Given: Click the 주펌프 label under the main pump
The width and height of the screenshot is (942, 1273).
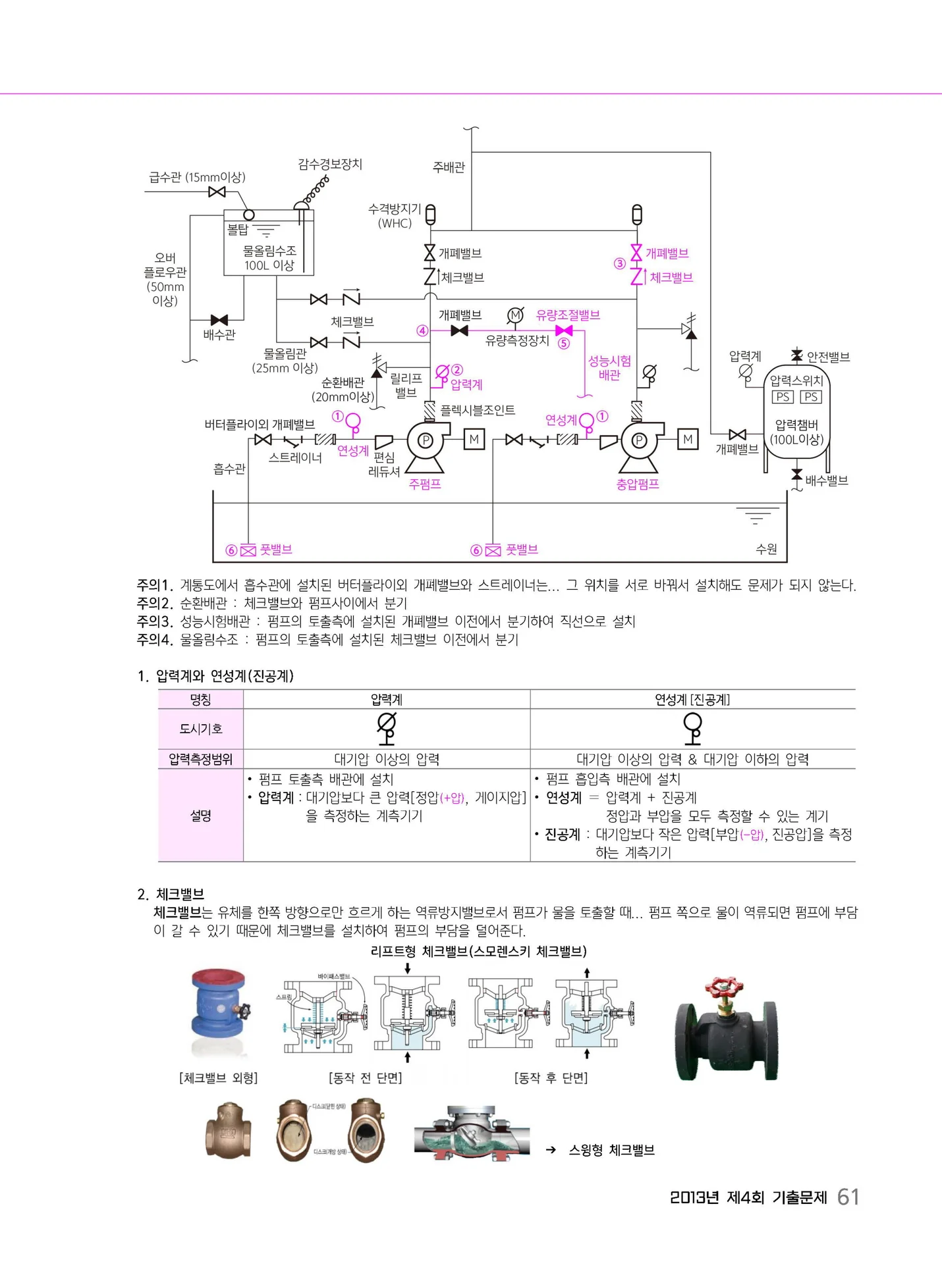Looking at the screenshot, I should point(425,484).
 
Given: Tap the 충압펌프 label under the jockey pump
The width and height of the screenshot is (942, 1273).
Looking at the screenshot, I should point(638,484).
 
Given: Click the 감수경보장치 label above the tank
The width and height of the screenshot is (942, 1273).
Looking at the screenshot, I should point(330,164).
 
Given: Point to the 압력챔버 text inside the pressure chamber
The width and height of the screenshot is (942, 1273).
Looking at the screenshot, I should point(796,425).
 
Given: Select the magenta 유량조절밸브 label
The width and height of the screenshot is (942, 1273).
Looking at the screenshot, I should point(568,315).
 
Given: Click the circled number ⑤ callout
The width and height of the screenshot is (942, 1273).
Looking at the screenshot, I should point(563,343).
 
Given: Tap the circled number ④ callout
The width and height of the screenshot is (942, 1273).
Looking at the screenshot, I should point(422,330).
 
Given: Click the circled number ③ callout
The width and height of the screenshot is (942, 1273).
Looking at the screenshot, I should point(619,263).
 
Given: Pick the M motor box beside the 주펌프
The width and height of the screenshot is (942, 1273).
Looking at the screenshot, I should point(474,438).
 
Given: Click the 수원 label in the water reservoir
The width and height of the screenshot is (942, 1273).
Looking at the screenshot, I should point(767,549).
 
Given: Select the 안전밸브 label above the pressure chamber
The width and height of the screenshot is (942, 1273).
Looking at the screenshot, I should point(828,357).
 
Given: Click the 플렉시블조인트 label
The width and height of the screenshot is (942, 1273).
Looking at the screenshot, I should point(478,410).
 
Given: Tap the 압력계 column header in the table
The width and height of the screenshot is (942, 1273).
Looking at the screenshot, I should point(387,699).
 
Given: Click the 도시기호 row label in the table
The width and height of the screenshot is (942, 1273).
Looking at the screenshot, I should point(201,729).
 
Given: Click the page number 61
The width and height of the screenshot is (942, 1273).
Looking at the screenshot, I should point(848,1197).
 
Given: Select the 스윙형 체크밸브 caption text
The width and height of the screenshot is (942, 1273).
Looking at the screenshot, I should point(611,1150).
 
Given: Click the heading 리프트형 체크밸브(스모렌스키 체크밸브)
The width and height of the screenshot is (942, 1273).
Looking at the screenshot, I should point(478,950).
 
